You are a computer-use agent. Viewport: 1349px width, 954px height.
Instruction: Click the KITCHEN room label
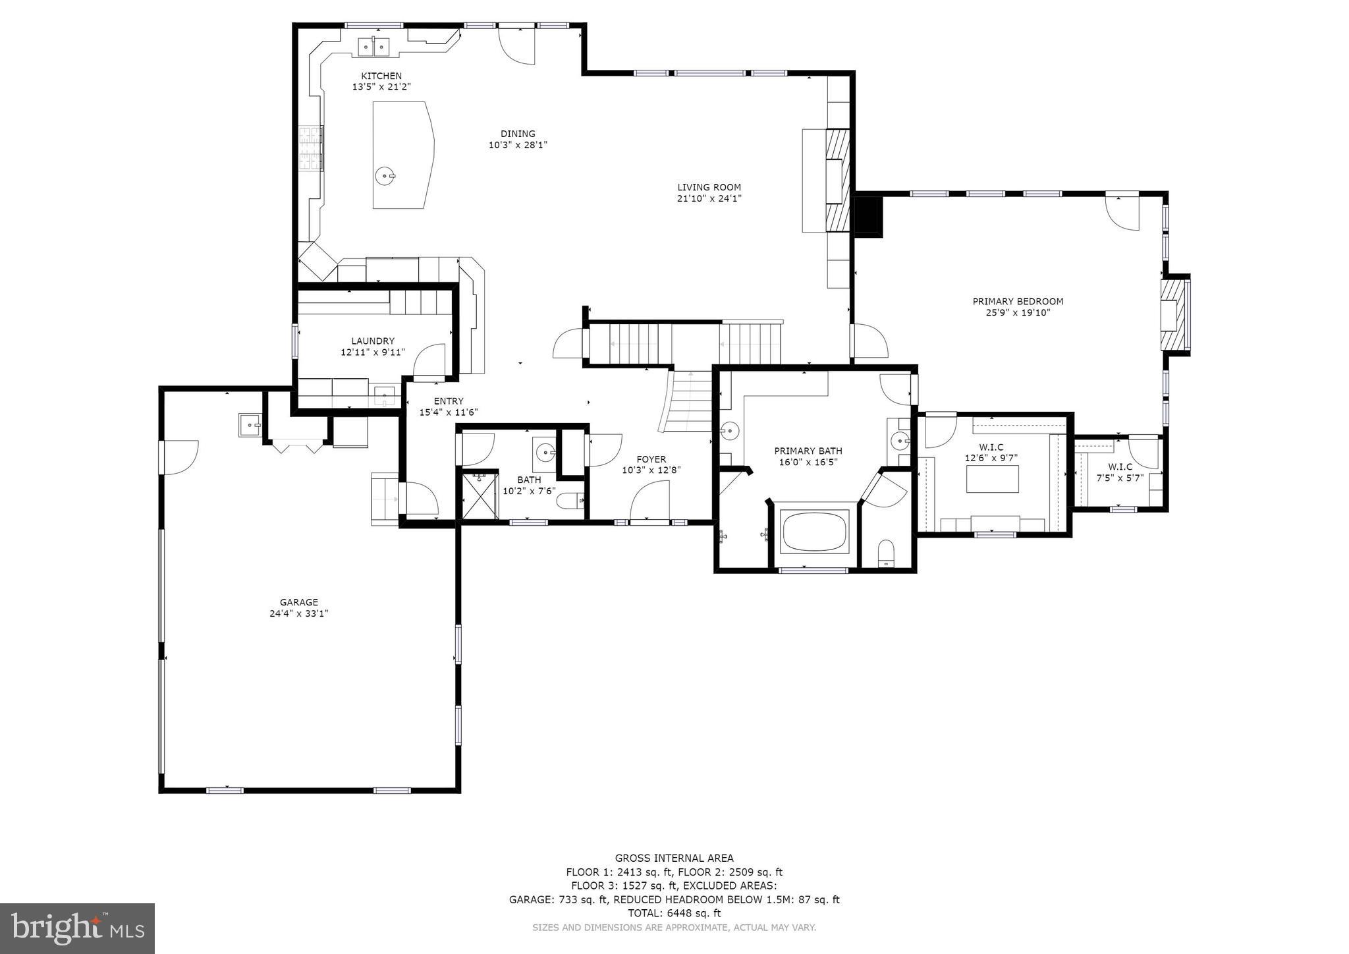381,76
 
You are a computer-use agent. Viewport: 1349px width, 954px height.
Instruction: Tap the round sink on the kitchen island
385,176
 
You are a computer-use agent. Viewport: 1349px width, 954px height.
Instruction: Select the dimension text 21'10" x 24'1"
709,198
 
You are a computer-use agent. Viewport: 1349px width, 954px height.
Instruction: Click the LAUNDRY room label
372,341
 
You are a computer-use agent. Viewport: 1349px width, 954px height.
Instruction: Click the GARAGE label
298,602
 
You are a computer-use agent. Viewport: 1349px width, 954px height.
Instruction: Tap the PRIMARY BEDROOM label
1018,301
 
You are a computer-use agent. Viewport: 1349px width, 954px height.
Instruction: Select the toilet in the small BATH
571,502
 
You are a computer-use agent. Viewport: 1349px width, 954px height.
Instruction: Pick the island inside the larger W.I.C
992,479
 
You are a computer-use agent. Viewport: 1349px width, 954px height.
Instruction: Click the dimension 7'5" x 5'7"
1120,478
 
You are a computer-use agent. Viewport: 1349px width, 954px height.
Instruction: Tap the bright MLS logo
77,928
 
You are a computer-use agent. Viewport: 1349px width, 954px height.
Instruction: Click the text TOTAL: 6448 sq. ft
674,913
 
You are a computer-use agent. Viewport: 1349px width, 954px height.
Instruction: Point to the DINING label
518,134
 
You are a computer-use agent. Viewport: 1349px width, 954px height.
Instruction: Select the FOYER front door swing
649,502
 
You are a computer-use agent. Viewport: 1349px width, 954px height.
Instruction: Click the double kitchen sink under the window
373,47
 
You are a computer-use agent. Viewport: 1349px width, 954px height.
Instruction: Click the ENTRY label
449,401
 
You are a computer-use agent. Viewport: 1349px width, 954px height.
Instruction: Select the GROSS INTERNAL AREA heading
674,858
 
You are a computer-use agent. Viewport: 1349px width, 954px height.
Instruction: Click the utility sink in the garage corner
250,425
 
